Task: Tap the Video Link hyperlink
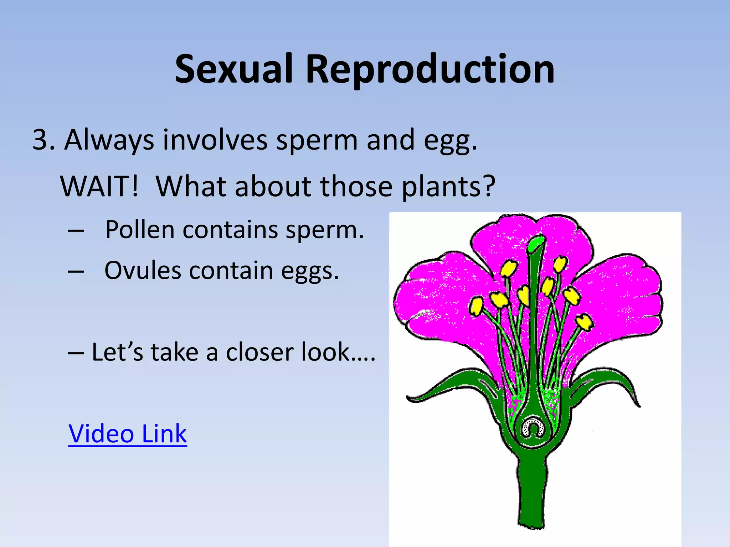click(x=127, y=433)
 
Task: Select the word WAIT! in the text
click(x=99, y=186)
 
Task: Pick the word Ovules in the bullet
click(x=143, y=270)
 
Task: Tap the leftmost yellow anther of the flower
click(x=475, y=306)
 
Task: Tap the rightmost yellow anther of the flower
click(x=585, y=322)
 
